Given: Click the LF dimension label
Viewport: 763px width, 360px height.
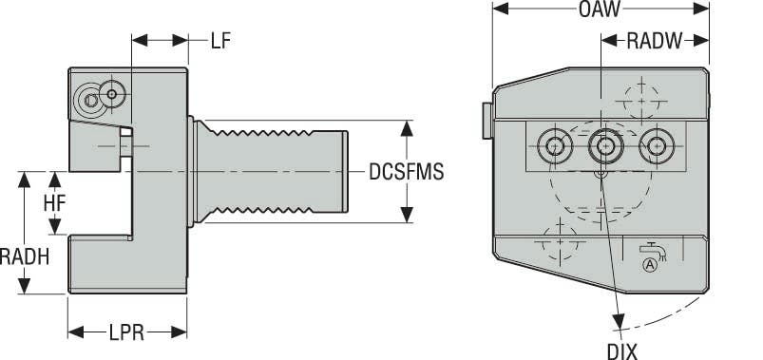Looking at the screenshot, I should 220,41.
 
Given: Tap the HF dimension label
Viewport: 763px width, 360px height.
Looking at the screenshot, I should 54,203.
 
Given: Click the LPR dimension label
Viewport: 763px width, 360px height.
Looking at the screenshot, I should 126,332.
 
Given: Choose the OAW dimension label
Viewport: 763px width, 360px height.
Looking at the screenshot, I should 599,10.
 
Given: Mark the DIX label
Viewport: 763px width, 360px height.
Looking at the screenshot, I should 622,351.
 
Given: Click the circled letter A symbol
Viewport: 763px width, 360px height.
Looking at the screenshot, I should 651,265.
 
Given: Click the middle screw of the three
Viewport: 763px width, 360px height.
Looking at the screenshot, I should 602,145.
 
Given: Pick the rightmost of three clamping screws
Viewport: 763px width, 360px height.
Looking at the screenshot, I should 654,145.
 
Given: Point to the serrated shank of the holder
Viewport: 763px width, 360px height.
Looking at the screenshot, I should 276,171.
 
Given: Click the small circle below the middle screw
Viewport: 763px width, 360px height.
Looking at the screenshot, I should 599,174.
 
